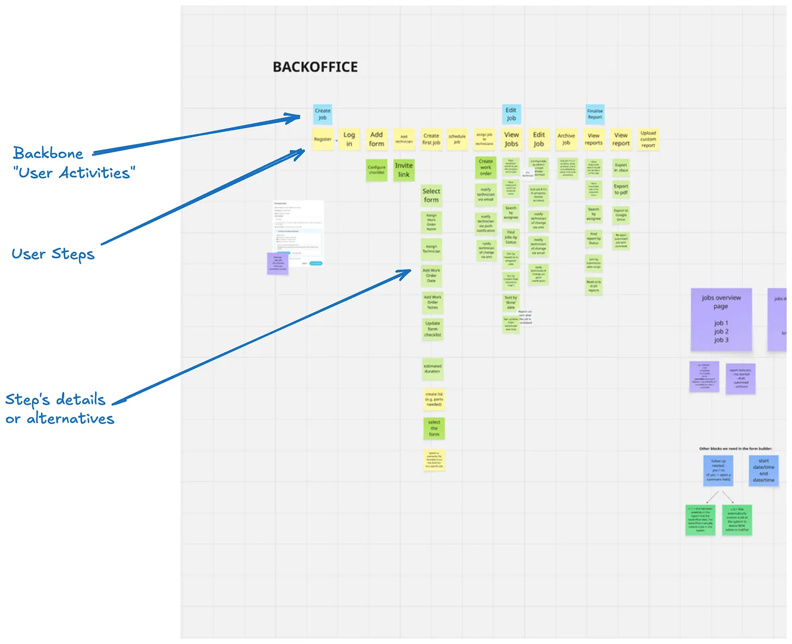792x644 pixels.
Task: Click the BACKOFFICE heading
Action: pos(315,67)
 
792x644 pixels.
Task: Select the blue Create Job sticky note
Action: pos(323,114)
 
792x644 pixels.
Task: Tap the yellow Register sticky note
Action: pos(323,139)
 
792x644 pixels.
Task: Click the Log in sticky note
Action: pos(349,139)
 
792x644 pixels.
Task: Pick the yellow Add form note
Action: pos(376,139)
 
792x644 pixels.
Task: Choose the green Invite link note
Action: pos(404,170)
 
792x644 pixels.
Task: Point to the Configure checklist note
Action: pos(376,170)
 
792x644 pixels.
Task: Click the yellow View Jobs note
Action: pos(511,139)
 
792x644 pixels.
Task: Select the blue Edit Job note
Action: pos(511,114)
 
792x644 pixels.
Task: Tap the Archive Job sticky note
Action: pos(566,139)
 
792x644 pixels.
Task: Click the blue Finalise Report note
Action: pos(595,114)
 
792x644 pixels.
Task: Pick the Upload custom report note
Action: pos(648,139)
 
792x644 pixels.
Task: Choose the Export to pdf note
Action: pos(621,189)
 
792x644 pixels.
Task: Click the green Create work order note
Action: pos(486,168)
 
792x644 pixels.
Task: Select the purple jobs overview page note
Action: pos(721,319)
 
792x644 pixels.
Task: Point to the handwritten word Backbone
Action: pos(48,153)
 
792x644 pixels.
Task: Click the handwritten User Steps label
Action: pos(53,254)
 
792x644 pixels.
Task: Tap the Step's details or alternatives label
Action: pos(59,408)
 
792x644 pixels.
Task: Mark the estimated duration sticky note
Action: pos(432,369)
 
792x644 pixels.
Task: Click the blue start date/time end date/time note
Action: pos(764,470)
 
